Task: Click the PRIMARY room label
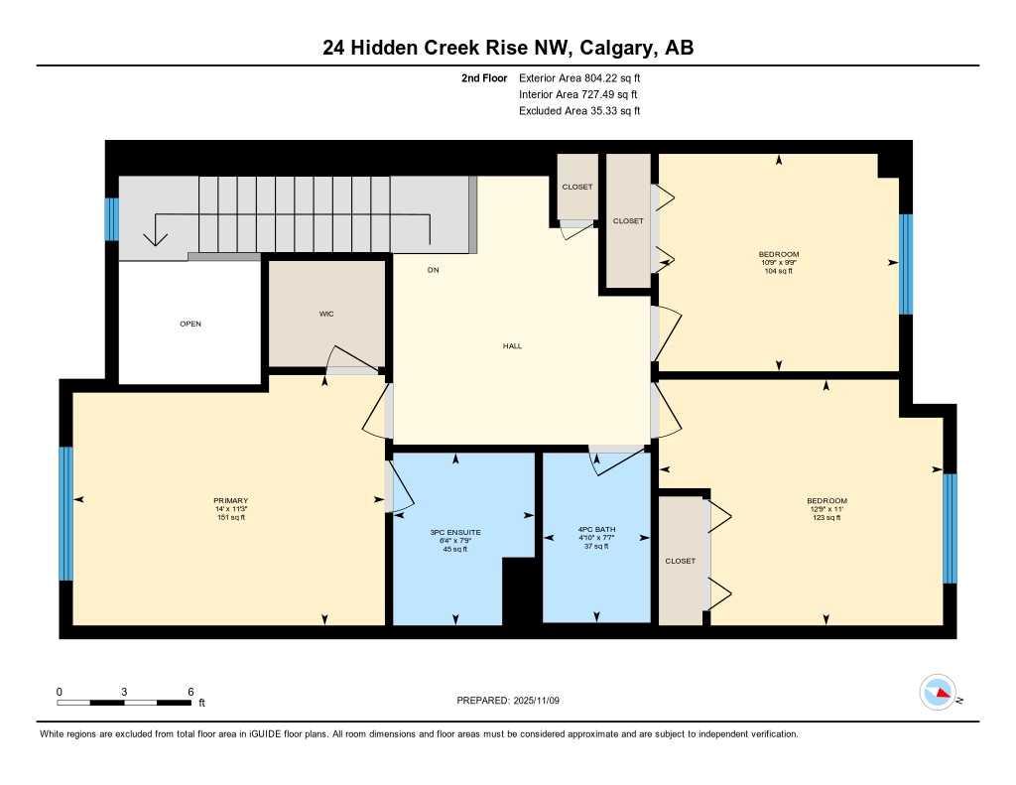tap(230, 500)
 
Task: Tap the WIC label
tap(325, 314)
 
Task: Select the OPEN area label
tap(190, 324)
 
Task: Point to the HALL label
tap(512, 346)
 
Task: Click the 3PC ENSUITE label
tap(455, 533)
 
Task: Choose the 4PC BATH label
tap(596, 530)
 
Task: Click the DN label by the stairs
tap(433, 270)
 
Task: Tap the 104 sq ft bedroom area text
tap(779, 271)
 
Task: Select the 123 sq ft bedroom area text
tap(826, 517)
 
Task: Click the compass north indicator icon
tap(938, 693)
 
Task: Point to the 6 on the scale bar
tap(190, 691)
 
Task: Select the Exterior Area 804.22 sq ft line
tap(586, 77)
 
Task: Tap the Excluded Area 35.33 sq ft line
tap(579, 111)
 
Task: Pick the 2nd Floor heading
tap(484, 77)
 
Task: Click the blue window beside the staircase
tap(112, 219)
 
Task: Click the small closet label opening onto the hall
tap(576, 187)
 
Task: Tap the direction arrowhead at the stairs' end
tap(156, 239)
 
